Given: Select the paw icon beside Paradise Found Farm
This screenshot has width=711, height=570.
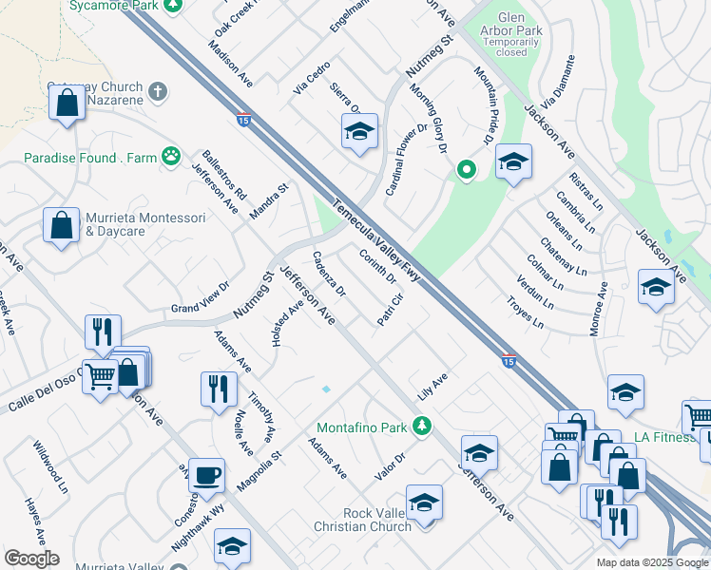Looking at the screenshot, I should [x=171, y=157].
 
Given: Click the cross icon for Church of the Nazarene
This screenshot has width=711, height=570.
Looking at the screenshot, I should [x=158, y=92].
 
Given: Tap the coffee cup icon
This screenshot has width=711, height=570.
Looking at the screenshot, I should [x=206, y=475].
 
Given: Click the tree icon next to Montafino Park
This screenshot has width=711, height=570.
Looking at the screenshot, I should [x=428, y=424].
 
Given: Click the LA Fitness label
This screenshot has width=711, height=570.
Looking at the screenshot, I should [x=663, y=436].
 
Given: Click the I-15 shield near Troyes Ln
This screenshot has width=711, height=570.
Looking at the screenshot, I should [x=509, y=361].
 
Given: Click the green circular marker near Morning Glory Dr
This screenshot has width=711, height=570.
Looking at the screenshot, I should [x=466, y=170].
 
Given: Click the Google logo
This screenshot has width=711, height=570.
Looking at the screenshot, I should [x=31, y=559].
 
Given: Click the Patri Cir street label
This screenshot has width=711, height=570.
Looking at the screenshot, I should [x=391, y=310].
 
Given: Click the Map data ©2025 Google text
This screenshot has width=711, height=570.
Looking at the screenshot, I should [x=651, y=562].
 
